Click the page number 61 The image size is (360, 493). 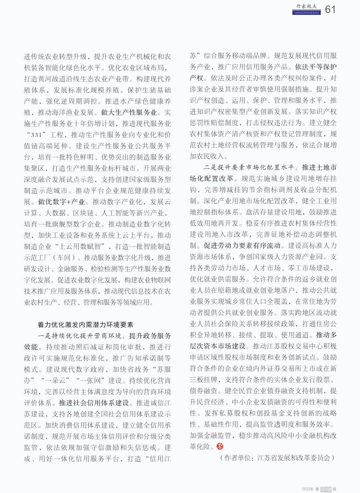point(330,9)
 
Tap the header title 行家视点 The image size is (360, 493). point(306,6)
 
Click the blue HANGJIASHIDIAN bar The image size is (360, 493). point(306,13)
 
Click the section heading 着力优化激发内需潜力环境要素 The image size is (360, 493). point(85,324)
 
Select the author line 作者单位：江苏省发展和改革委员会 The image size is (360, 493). point(277,457)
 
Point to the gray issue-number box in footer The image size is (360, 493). point(326,489)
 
